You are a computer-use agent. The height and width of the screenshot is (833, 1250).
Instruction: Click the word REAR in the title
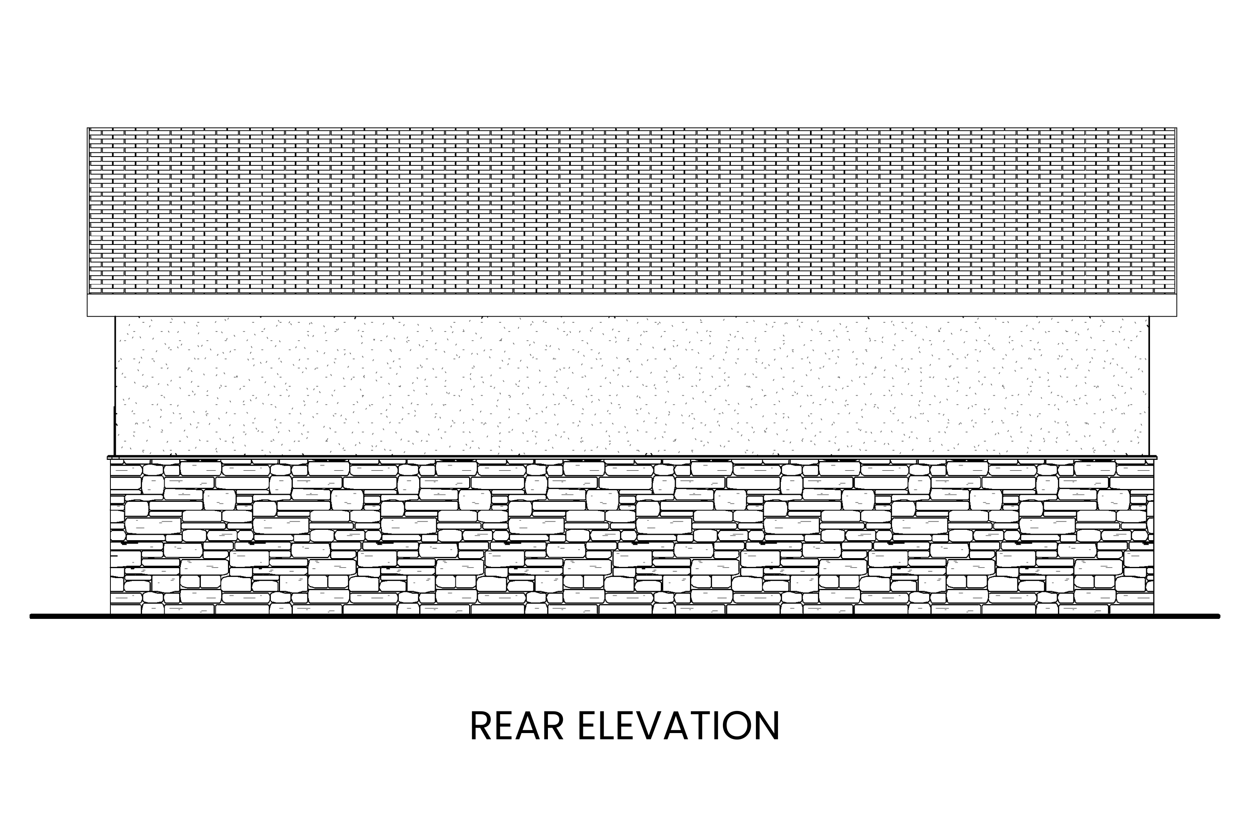click(517, 725)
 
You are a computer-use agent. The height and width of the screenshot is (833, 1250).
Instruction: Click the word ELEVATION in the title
click(679, 725)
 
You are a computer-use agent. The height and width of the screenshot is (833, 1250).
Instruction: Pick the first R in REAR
click(480, 725)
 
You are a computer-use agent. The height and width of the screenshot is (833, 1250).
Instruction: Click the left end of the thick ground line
click(31, 616)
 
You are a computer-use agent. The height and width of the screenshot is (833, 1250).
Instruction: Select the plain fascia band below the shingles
click(632, 305)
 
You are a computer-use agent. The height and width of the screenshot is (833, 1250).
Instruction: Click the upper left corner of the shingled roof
click(87, 128)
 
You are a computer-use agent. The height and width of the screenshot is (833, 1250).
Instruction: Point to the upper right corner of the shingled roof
click(1176, 128)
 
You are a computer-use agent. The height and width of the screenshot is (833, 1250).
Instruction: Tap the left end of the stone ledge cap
click(108, 457)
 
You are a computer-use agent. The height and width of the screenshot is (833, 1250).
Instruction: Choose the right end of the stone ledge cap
click(1157, 457)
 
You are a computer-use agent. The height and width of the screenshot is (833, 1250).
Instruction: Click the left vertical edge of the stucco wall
click(115, 386)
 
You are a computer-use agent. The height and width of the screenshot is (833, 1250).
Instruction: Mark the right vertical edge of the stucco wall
click(1149, 386)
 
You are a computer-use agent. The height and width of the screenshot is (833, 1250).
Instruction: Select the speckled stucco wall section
click(632, 386)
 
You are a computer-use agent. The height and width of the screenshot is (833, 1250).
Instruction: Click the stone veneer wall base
click(632, 536)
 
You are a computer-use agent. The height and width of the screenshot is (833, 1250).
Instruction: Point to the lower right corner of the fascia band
click(1176, 316)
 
